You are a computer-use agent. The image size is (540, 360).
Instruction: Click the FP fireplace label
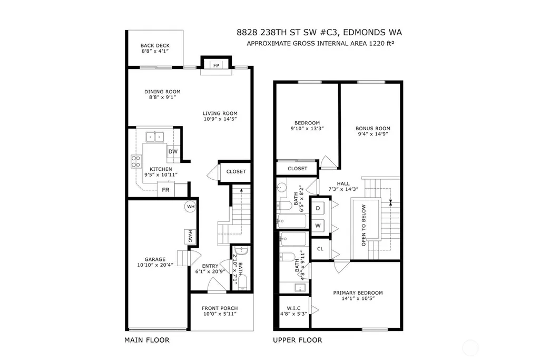tap(217, 65)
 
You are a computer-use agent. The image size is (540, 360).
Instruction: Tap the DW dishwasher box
tap(173, 152)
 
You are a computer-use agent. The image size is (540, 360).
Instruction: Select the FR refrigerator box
tap(165, 189)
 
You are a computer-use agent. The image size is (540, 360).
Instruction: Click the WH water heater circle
tap(190, 207)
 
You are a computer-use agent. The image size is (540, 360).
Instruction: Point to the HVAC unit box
tap(190, 236)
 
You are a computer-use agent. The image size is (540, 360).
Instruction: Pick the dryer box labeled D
tap(318, 208)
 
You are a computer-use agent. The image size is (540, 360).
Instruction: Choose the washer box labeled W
tap(318, 226)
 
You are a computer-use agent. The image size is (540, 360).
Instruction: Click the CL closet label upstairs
tap(320, 249)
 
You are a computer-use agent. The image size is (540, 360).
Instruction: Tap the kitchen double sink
tap(155, 137)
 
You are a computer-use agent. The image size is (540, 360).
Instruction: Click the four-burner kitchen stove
tap(136, 162)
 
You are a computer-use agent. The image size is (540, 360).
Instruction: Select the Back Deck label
tap(155, 45)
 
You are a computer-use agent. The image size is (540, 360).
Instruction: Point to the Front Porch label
tap(220, 308)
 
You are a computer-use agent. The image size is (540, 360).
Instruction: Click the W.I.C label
tap(294, 308)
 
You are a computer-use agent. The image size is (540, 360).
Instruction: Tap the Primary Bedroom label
tap(358, 293)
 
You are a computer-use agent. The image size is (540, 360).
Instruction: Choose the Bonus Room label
tap(373, 129)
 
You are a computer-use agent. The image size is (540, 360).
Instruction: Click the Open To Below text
tap(364, 225)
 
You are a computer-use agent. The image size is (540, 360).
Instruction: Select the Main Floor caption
tap(147, 340)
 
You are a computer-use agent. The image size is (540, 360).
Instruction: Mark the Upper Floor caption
tap(298, 340)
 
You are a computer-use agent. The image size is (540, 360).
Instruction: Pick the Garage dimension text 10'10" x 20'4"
tap(155, 265)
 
